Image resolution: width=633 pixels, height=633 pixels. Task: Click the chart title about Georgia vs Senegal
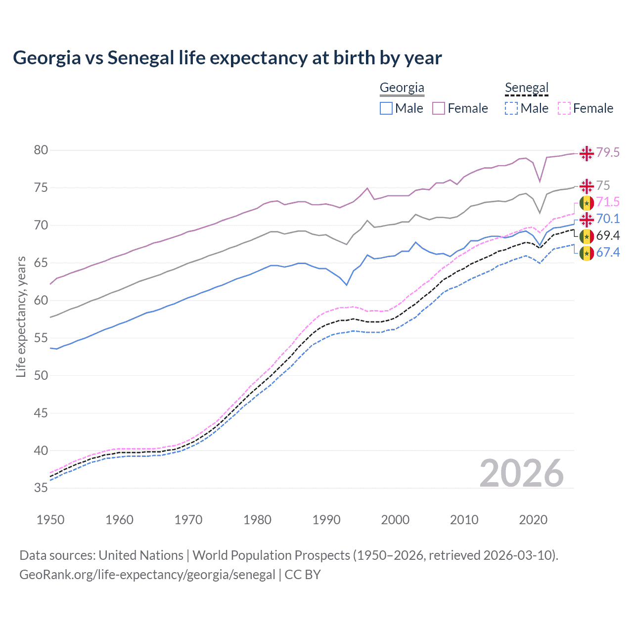click(x=227, y=58)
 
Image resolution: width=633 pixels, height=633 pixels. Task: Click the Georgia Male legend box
click(x=386, y=108)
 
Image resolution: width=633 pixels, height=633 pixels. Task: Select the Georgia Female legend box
click(x=439, y=108)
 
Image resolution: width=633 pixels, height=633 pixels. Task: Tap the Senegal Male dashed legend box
click(x=511, y=108)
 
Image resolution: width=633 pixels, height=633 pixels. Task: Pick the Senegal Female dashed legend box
click(x=564, y=108)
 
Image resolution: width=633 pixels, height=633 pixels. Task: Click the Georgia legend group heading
click(x=402, y=88)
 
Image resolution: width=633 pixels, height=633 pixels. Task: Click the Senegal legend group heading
click(x=527, y=88)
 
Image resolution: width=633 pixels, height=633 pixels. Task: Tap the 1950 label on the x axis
click(x=50, y=520)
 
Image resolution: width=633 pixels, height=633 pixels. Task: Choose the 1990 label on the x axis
click(x=326, y=520)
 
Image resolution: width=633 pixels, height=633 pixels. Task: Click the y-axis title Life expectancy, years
click(x=21, y=316)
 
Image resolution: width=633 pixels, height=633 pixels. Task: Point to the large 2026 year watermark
click(x=521, y=473)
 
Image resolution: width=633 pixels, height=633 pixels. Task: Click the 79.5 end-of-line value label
click(x=608, y=152)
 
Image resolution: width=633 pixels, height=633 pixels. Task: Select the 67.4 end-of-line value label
click(x=608, y=253)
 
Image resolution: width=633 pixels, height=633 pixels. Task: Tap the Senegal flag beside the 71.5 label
click(x=587, y=203)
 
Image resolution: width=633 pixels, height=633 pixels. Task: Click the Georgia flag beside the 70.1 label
click(x=587, y=219)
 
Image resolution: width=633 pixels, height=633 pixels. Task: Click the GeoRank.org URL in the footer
click(x=147, y=575)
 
